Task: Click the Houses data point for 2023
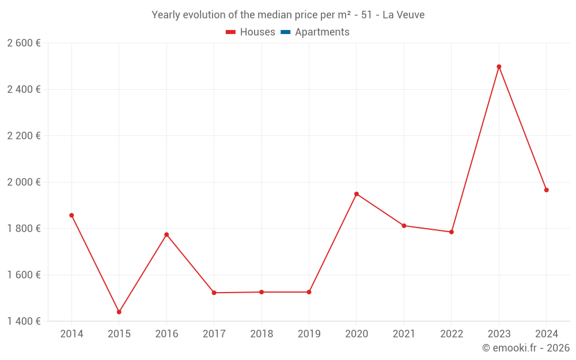(x=499, y=67)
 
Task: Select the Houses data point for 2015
(x=119, y=312)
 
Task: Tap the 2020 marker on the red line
(x=357, y=194)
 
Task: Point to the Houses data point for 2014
(x=71, y=215)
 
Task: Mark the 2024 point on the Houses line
(x=547, y=190)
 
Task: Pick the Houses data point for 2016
(x=166, y=234)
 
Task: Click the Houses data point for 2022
(x=452, y=232)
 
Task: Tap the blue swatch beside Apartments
(x=285, y=32)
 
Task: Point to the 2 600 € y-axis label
(x=24, y=43)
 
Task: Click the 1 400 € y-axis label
(x=24, y=321)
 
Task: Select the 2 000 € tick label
(x=24, y=182)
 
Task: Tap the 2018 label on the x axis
(x=262, y=334)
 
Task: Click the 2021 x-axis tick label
(x=404, y=334)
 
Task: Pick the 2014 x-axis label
(x=71, y=334)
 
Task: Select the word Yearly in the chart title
(x=165, y=15)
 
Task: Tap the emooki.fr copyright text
(x=526, y=348)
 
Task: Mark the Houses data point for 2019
(x=309, y=292)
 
